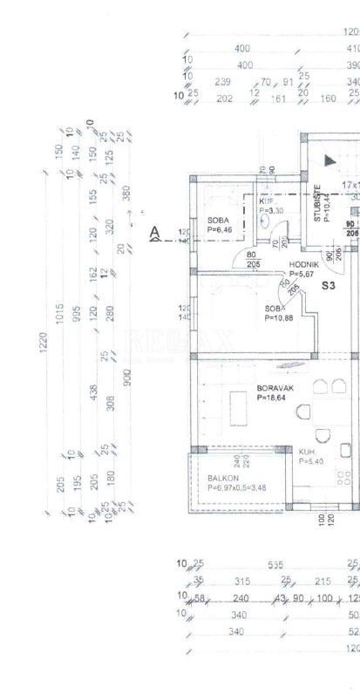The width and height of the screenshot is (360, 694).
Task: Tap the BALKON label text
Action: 220,478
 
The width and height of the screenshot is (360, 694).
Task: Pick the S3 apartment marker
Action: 329,285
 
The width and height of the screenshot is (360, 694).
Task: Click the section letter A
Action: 155,232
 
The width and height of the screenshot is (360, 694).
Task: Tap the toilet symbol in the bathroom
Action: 263,221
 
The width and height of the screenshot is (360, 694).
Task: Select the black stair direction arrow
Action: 329,160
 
